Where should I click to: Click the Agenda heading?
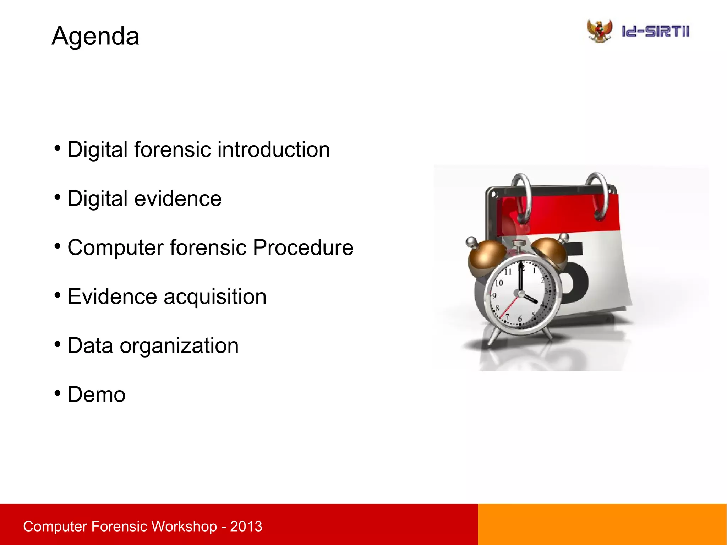coord(95,36)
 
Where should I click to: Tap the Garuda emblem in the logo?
coord(600,31)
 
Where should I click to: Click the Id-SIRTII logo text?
coord(655,32)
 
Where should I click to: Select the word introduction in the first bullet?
coord(274,149)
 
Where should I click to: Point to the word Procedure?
coord(303,247)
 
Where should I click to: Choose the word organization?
coord(179,346)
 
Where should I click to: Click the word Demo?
coord(97,394)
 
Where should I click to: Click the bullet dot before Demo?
coord(58,393)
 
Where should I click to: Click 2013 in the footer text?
coord(246,526)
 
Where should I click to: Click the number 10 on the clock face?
coord(499,283)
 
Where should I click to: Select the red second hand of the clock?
coord(509,307)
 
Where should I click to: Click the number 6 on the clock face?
coord(520,319)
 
